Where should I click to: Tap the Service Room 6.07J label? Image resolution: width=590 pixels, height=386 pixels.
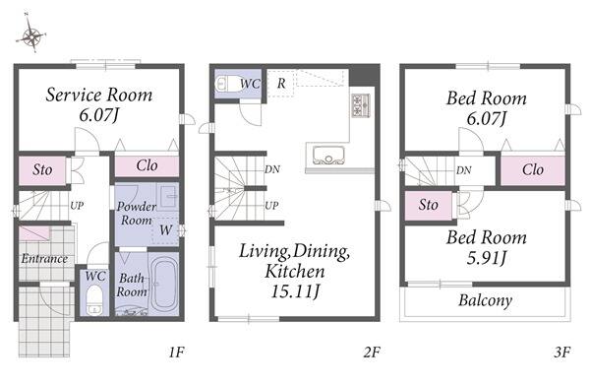click(99, 104)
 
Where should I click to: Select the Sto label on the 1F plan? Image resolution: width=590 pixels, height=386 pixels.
click(42, 169)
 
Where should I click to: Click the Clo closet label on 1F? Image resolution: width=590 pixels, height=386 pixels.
click(147, 165)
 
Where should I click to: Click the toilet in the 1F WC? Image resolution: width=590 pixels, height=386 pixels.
click(94, 299)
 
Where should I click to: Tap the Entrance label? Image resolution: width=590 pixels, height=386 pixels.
click(44, 259)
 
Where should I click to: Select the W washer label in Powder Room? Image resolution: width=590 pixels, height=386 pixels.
click(165, 229)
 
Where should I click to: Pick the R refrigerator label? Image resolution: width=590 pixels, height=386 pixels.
click(281, 84)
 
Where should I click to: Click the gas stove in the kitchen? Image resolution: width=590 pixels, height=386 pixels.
click(361, 105)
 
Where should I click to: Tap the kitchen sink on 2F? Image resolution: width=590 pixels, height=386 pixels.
click(328, 156)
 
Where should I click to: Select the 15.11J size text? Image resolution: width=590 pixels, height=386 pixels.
click(295, 291)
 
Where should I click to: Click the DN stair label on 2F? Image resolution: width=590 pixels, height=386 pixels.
click(272, 169)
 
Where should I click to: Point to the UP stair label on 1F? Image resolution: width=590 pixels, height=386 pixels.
click(77, 206)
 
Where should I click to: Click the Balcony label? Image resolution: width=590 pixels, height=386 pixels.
click(486, 300)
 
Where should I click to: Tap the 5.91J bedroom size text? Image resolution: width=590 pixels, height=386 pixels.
click(487, 258)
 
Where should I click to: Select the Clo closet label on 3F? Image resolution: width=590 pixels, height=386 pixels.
click(533, 169)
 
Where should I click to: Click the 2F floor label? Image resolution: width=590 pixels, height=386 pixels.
click(372, 353)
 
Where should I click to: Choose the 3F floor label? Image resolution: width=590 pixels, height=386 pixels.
click(562, 353)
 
